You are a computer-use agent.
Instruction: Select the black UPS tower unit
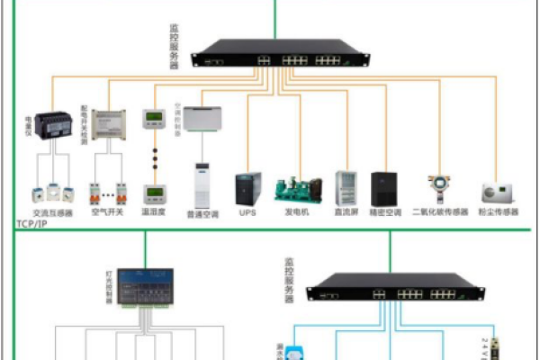click(x=247, y=188)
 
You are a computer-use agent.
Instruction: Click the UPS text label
click(x=247, y=213)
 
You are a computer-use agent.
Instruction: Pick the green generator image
click(x=296, y=188)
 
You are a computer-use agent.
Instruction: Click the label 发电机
click(x=296, y=213)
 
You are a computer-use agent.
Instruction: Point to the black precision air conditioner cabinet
click(x=385, y=187)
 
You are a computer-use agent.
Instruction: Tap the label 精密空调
click(x=385, y=213)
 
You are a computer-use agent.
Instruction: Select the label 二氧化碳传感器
click(x=440, y=213)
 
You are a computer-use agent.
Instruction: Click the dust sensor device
click(x=498, y=192)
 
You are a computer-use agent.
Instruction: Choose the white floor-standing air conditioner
click(x=202, y=185)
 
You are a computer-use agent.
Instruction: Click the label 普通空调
click(x=202, y=214)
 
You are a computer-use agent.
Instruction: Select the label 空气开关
click(x=108, y=213)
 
